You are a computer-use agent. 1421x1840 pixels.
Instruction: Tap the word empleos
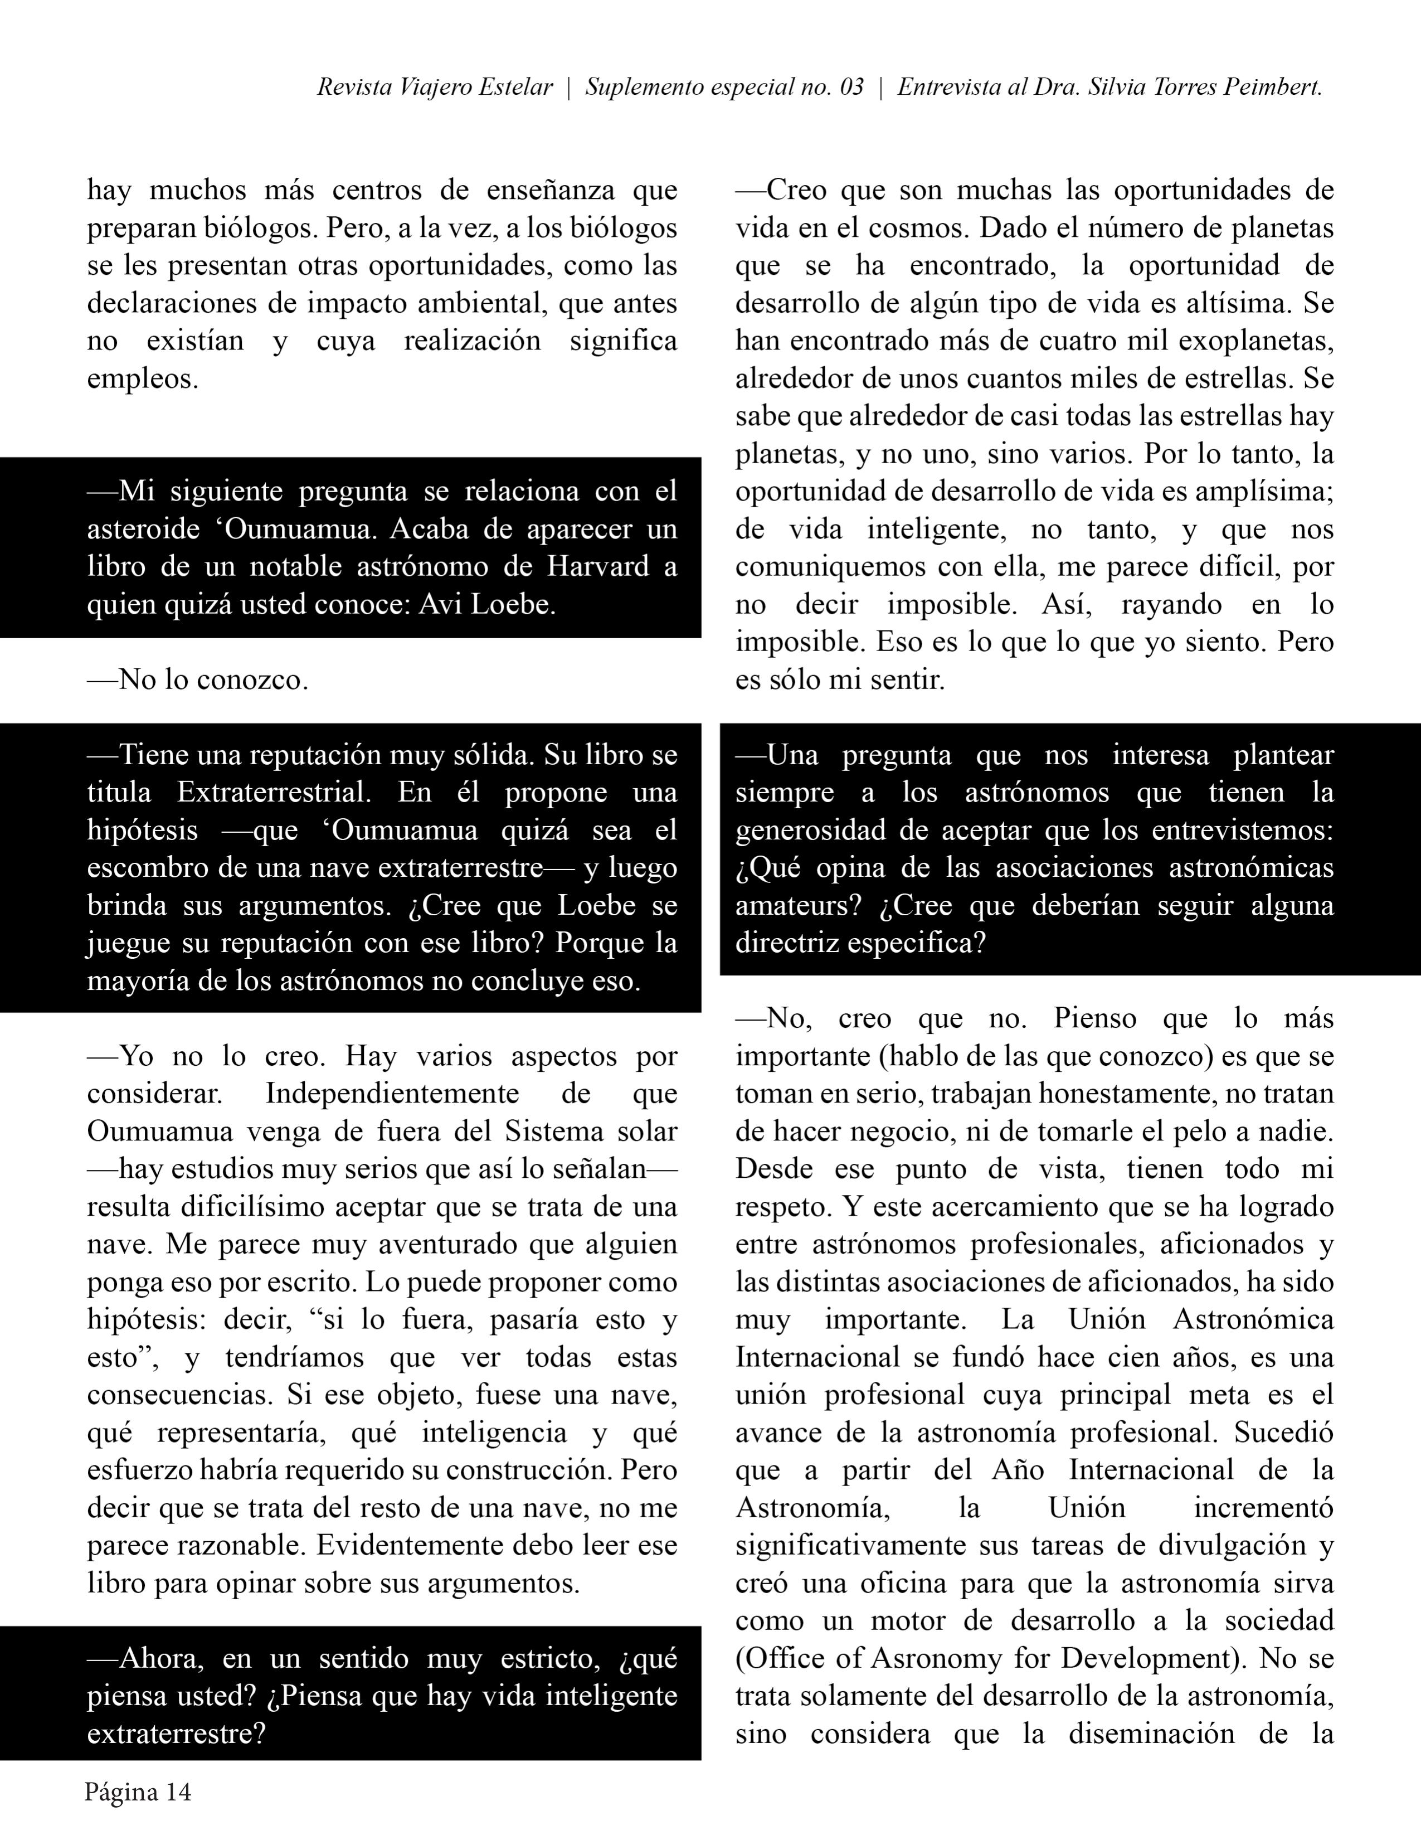coord(142,378)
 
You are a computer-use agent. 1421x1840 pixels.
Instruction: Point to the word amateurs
coord(797,906)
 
